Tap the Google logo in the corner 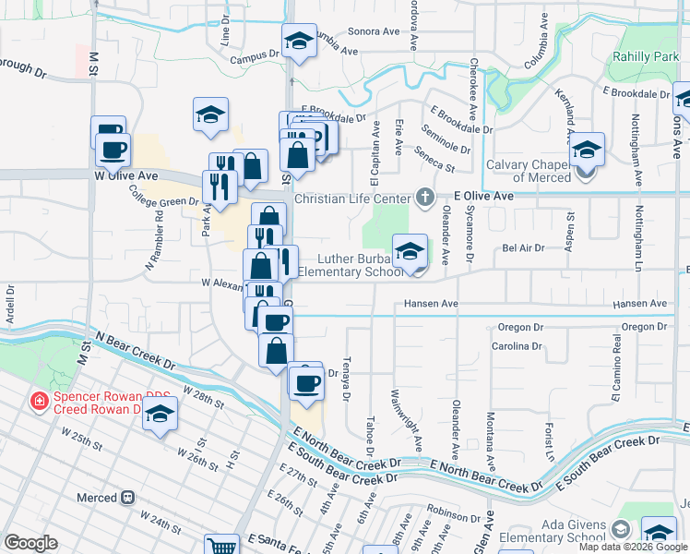30,543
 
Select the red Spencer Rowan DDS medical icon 40,401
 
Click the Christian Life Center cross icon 424,197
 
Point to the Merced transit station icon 128,498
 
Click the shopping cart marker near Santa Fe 221,546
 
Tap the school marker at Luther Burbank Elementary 410,251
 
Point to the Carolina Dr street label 516,345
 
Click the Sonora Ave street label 373,30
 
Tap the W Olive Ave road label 125,174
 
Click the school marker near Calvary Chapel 587,151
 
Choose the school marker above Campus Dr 299,42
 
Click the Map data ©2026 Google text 632,547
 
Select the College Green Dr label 162,195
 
